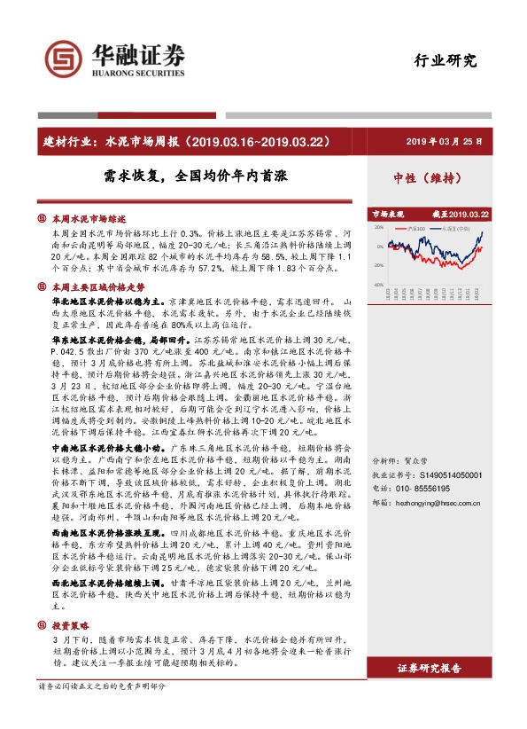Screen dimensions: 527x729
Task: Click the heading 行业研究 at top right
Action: [x=446, y=61]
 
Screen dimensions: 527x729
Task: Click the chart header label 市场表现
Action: [x=387, y=214]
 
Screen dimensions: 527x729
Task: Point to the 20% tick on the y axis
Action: [x=378, y=227]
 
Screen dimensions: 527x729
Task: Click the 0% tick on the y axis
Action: [x=380, y=247]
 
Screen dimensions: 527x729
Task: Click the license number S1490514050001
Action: [x=444, y=501]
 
